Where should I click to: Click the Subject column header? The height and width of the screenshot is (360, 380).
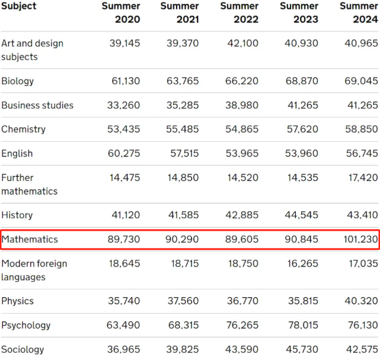point(19,6)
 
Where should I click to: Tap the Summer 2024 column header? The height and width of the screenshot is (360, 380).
point(359,12)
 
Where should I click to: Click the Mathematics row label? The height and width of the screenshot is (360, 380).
point(30,240)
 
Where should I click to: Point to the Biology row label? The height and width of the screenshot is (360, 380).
point(18,81)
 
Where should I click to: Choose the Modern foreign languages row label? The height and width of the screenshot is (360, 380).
point(34,270)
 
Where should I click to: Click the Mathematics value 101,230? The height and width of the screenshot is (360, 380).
point(360,240)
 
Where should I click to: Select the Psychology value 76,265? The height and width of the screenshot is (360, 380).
point(242,326)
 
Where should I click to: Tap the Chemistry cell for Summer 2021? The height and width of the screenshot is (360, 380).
point(183,129)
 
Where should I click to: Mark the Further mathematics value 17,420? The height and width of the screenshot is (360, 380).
point(361,178)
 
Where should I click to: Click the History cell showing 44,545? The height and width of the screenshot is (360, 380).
point(302,215)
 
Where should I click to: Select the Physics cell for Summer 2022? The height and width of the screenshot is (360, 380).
point(242,301)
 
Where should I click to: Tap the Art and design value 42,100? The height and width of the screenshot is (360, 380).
point(242,44)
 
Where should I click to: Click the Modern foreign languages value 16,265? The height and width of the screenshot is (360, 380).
point(302,264)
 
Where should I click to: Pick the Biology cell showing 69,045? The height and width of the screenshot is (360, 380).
point(361,81)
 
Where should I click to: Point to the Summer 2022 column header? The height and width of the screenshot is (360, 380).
point(240,12)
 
